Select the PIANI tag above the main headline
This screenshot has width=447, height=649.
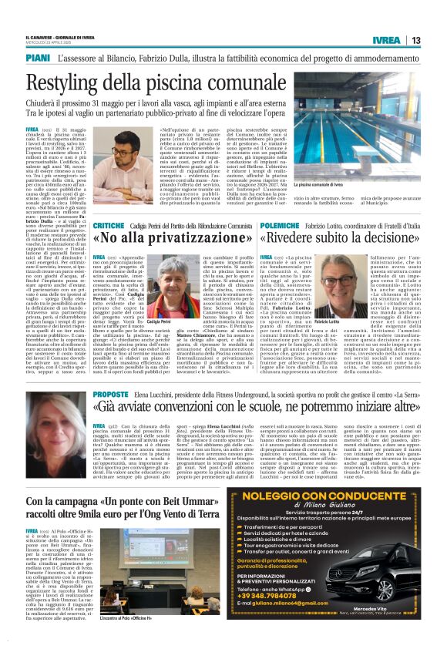(x=38, y=57)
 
